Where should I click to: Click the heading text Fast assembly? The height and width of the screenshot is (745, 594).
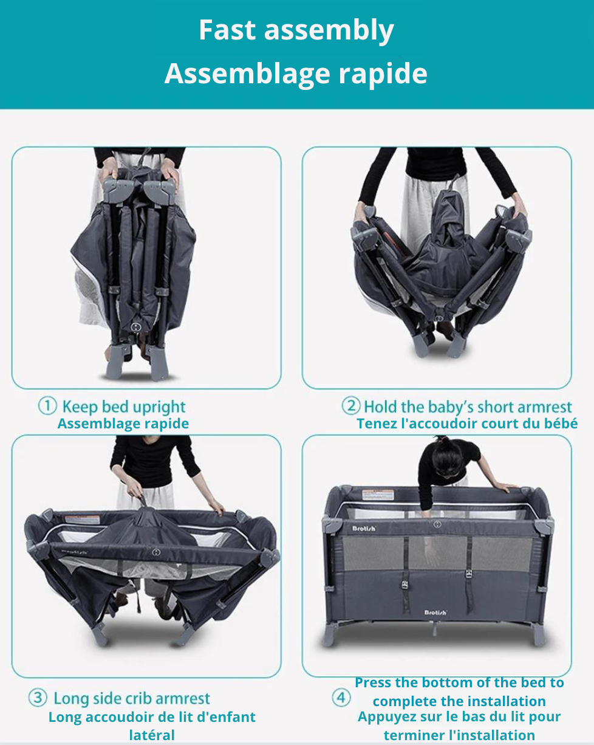(x=296, y=30)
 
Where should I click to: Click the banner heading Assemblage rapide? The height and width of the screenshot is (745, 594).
(x=296, y=74)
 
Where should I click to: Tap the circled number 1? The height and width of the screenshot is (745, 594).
(x=47, y=406)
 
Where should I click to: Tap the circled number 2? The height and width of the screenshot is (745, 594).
(x=351, y=406)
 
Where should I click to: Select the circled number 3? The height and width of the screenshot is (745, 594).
(x=38, y=697)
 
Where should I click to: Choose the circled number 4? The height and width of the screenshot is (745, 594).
(x=341, y=697)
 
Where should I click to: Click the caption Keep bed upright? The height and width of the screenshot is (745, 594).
(x=124, y=407)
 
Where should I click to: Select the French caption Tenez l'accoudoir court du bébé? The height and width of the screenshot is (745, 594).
(x=467, y=424)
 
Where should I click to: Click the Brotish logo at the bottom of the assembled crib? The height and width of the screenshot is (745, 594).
(x=435, y=613)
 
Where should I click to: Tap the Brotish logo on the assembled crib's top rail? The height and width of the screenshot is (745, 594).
(x=364, y=529)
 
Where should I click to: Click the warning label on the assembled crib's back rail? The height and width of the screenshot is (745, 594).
(x=378, y=495)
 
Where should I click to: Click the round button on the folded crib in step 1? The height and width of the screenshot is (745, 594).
(x=135, y=327)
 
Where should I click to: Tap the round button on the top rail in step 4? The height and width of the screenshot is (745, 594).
(x=437, y=524)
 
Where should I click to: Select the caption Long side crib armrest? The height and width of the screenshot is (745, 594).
(x=132, y=699)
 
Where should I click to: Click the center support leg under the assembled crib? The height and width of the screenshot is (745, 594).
(x=434, y=628)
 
